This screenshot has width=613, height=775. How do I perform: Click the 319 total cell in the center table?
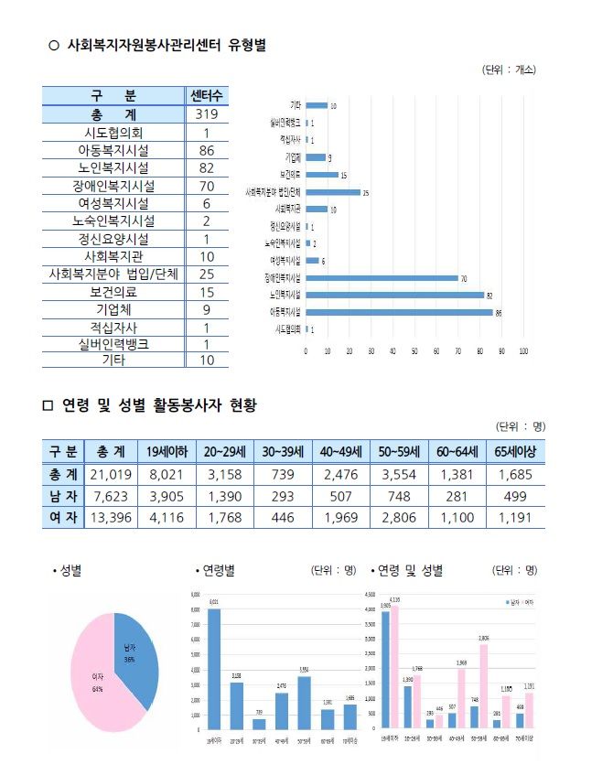point(207,115)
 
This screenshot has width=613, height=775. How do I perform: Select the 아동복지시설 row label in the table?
point(114,150)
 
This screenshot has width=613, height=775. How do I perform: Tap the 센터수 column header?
point(207,96)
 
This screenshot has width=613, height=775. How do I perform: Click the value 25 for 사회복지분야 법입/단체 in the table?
point(207,274)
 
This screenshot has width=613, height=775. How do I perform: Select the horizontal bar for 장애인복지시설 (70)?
point(382,278)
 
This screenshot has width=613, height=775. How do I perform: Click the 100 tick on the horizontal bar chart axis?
point(523,350)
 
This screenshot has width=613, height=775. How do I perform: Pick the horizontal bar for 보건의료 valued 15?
point(321,175)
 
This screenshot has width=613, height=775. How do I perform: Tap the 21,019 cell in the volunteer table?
point(112,474)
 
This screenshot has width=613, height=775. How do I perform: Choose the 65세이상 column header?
point(516,452)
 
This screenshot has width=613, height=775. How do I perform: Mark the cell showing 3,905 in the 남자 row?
point(167,495)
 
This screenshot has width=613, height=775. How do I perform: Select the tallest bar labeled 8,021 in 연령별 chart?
point(214,668)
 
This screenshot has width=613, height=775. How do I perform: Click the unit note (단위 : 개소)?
point(509,70)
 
